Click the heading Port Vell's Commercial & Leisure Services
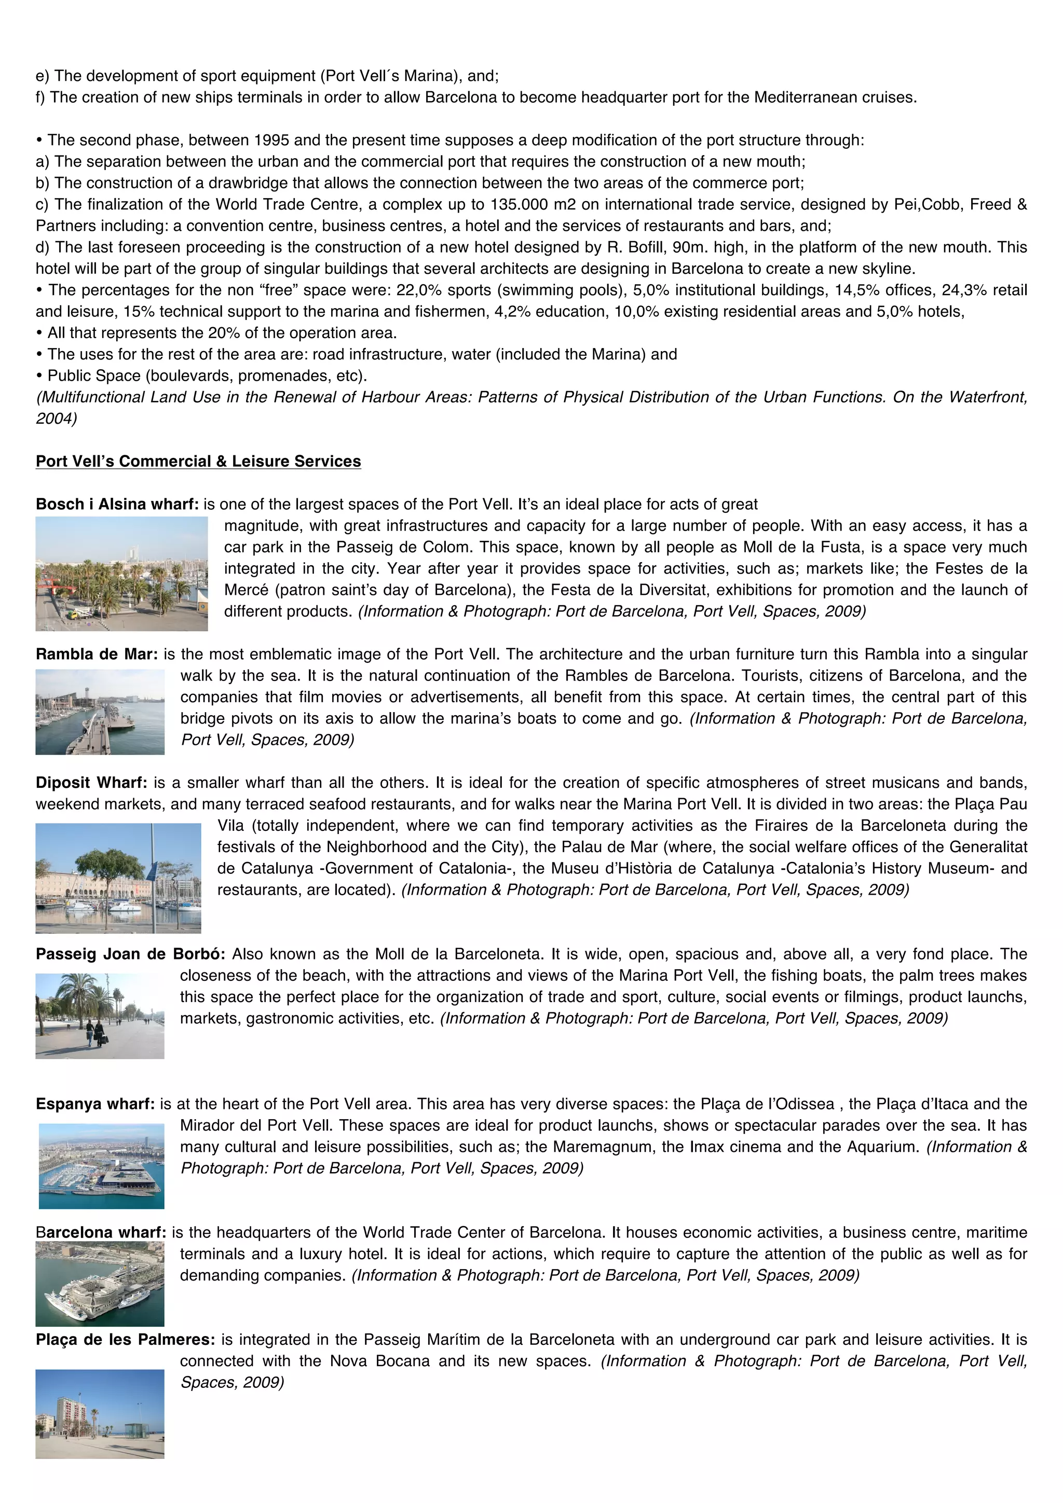click(198, 461)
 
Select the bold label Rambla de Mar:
click(96, 654)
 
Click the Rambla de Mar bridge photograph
click(100, 712)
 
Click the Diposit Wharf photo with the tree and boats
click(118, 878)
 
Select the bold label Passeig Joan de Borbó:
click(130, 954)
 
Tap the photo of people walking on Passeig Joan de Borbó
click(100, 1015)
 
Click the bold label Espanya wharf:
click(95, 1104)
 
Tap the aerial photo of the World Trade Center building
click(100, 1284)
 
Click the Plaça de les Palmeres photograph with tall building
click(100, 1413)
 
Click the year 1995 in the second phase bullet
click(271, 140)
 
